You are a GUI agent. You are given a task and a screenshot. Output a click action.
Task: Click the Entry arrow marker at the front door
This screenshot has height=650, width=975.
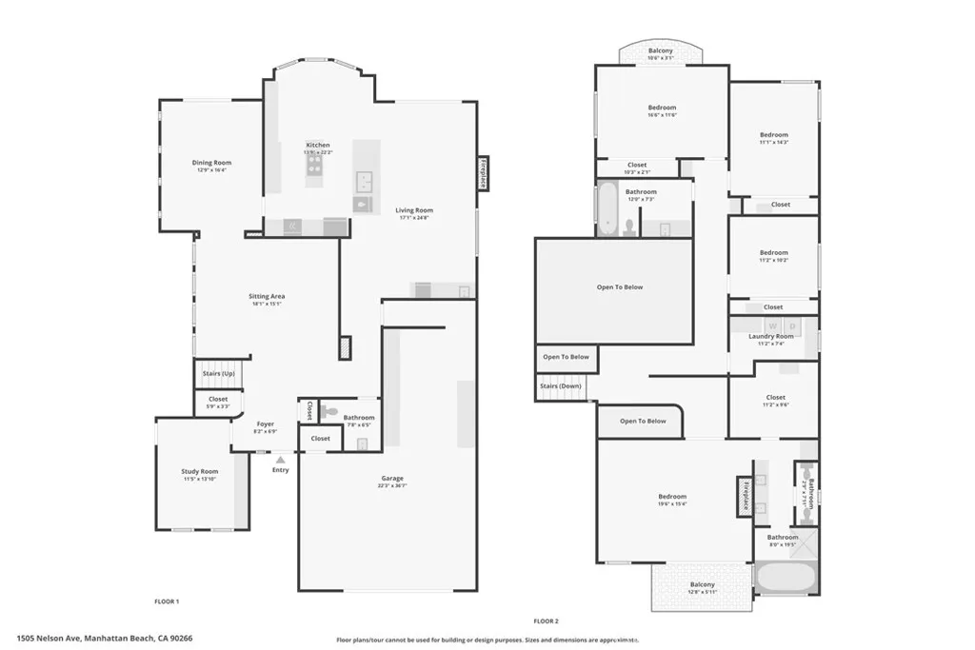[x=280, y=460]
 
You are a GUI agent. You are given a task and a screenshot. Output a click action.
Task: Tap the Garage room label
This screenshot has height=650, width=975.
[x=392, y=479]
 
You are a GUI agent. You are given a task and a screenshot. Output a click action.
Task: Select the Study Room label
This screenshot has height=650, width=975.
[x=200, y=472]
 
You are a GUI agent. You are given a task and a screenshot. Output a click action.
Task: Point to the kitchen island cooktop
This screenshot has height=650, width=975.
[x=315, y=170]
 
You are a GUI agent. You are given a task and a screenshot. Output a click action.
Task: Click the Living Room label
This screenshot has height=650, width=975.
[x=414, y=211]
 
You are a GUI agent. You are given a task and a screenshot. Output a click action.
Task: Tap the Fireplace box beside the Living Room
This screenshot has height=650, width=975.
[x=484, y=174]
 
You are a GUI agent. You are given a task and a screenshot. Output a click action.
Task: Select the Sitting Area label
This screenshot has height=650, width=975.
[x=267, y=297]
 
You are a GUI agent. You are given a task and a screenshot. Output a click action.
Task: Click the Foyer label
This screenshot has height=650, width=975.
[x=266, y=424]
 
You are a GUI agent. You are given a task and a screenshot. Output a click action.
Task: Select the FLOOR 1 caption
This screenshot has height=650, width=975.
[x=167, y=601]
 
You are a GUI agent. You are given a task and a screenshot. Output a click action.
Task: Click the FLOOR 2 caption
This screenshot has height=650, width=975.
[x=545, y=620]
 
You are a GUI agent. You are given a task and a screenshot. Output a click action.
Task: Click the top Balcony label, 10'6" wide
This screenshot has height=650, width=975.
[x=661, y=51]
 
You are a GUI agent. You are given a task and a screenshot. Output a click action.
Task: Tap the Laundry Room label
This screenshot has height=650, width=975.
[x=771, y=337]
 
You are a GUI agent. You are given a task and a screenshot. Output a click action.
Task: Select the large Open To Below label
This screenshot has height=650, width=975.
[x=620, y=286]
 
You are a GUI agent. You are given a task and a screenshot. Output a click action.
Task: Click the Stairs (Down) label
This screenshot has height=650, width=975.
[x=562, y=386]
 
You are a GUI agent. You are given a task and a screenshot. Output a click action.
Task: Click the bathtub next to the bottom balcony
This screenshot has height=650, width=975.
[x=786, y=578]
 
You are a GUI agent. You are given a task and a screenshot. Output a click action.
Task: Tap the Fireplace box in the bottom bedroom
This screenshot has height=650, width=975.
[x=745, y=496]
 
